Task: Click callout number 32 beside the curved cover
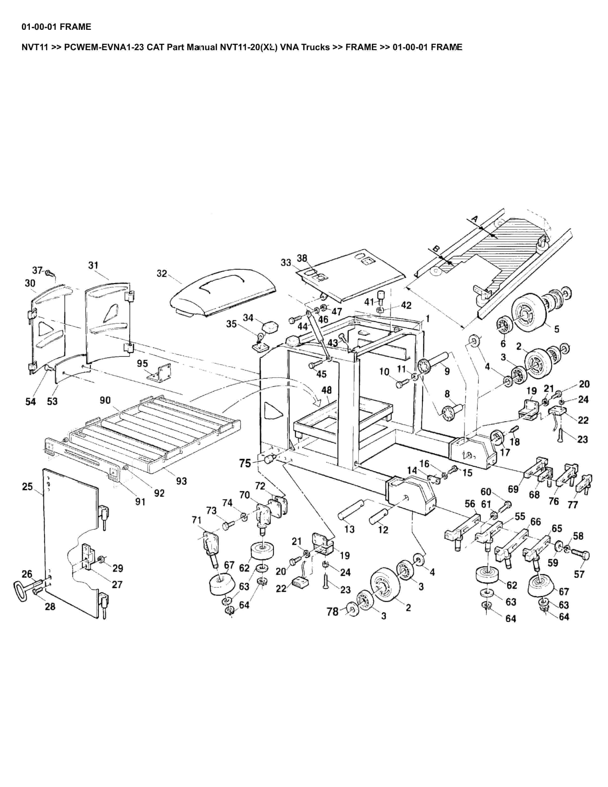(x=162, y=274)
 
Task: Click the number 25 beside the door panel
(x=27, y=487)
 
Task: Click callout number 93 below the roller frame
(x=181, y=481)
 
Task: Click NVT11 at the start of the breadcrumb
(x=35, y=47)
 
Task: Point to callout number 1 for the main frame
(x=427, y=318)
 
